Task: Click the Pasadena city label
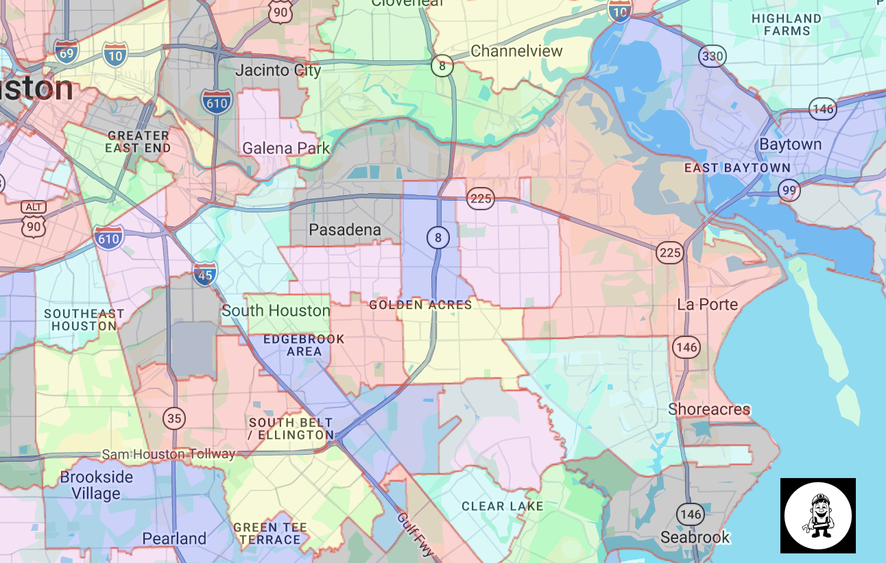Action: point(344,230)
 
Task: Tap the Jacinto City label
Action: point(278,71)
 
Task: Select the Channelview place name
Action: point(516,51)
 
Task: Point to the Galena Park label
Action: point(286,149)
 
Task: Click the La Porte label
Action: point(707,305)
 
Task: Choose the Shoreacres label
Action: point(709,410)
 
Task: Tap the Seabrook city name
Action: point(695,538)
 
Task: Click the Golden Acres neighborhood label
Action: point(420,305)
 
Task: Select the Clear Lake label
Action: point(502,507)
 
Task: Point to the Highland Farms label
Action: point(786,25)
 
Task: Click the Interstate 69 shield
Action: point(66,52)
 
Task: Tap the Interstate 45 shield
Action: point(204,273)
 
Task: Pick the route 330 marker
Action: point(713,55)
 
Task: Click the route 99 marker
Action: point(789,190)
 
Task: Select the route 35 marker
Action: point(174,418)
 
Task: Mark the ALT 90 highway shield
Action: point(33,218)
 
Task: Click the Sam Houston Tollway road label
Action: point(168,454)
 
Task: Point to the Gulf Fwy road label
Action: point(415,534)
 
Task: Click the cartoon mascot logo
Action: point(817,515)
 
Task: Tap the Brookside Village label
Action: point(96,485)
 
